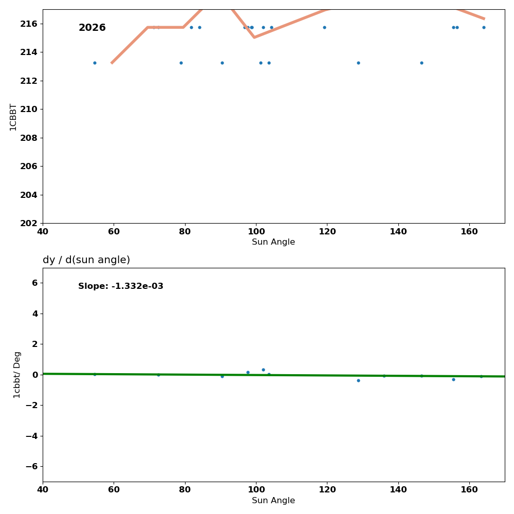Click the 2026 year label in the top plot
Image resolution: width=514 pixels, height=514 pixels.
tap(92, 28)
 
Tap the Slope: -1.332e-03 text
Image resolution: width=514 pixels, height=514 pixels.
tap(121, 286)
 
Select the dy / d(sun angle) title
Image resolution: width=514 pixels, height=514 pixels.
tap(86, 260)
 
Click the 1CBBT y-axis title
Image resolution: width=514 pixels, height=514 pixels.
tap(13, 117)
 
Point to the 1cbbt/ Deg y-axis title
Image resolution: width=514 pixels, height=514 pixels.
tap(17, 375)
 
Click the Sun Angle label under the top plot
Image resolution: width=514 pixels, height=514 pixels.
tap(273, 242)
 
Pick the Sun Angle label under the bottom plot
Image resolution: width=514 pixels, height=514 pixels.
tap(273, 501)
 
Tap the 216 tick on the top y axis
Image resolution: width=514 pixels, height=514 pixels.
tap(30, 24)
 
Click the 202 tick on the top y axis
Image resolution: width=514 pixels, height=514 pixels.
tap(30, 223)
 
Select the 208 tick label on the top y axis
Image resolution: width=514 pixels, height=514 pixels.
tap(30, 138)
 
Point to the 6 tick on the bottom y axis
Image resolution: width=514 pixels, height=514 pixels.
tap(35, 283)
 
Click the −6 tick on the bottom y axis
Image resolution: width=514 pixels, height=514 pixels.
tap(32, 466)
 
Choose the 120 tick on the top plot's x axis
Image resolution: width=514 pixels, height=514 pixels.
tap(327, 231)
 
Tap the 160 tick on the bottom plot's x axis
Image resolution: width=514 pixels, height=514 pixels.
tap(469, 490)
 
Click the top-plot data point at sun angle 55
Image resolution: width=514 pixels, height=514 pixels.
tap(95, 63)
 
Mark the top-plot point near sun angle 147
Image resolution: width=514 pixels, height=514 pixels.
tap(421, 63)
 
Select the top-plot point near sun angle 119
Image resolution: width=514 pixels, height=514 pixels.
tap(324, 27)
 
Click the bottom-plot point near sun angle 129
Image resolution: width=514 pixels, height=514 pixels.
tap(358, 380)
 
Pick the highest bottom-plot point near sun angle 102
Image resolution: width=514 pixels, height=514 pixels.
tap(263, 370)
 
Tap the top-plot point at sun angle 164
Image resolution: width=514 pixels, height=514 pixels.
tap(484, 27)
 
